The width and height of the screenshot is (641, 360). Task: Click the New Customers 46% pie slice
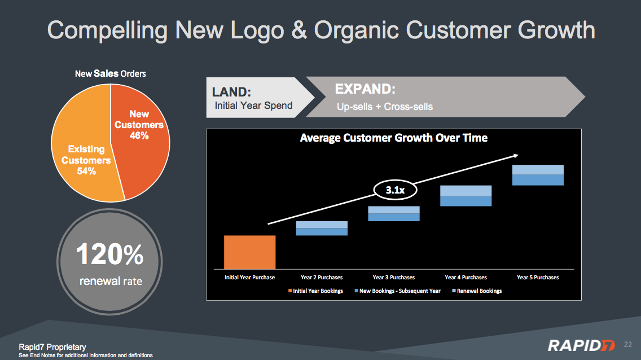141,139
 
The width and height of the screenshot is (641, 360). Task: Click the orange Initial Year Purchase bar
250,252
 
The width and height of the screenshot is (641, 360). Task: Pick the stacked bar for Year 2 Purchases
322,229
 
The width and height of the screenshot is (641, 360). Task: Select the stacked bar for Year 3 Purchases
394,214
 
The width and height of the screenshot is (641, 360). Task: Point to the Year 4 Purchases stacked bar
466,196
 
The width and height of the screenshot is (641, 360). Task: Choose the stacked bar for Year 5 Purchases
538,175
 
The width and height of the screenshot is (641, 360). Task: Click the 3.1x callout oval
396,190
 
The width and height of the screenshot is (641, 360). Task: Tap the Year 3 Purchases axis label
394,278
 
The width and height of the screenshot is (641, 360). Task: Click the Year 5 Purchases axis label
538,278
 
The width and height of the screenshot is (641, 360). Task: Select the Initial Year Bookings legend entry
315,291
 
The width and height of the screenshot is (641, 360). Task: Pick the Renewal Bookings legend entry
477,291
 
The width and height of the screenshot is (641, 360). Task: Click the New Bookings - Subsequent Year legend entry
398,291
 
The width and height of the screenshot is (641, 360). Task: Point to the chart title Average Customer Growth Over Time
394,138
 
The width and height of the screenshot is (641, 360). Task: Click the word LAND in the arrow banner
231,92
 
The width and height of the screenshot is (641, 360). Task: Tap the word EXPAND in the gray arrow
365,89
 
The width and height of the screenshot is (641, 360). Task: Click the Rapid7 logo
581,346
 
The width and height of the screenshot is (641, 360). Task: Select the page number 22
628,344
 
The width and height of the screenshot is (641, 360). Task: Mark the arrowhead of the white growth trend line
517,155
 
